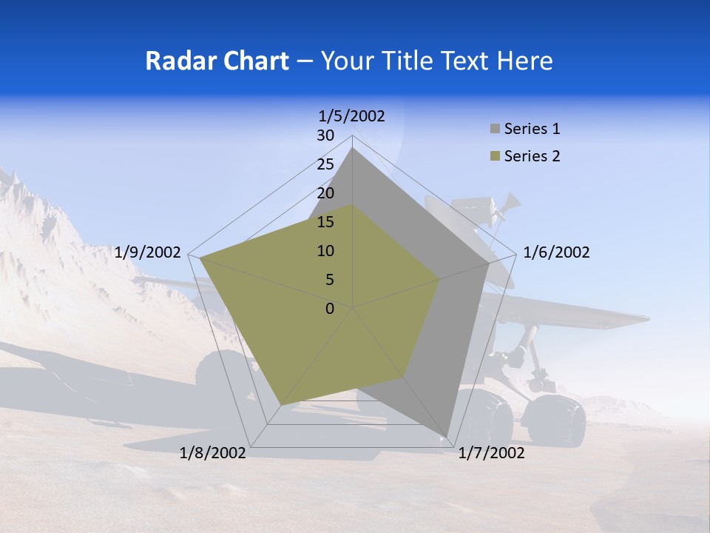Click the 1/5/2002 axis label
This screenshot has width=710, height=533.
(x=352, y=115)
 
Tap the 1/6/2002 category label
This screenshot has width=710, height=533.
(x=556, y=252)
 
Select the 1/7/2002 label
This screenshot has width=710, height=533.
(x=491, y=453)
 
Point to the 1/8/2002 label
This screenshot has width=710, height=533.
(x=213, y=453)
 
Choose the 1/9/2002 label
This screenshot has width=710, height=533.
(x=148, y=252)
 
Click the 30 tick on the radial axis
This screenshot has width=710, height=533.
(x=325, y=135)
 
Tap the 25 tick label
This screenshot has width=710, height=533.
(x=325, y=164)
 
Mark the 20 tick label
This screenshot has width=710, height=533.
(x=325, y=193)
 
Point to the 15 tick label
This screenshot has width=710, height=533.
(x=325, y=222)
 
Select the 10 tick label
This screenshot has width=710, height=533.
(x=325, y=251)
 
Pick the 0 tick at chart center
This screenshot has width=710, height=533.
(x=330, y=309)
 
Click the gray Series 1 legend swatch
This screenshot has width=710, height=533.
(x=495, y=129)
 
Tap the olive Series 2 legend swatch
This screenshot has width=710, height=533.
(x=495, y=156)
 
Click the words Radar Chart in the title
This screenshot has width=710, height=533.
(x=217, y=61)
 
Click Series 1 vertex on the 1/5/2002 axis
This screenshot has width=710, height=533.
(x=352, y=148)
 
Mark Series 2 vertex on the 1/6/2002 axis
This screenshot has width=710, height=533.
(x=440, y=279)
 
